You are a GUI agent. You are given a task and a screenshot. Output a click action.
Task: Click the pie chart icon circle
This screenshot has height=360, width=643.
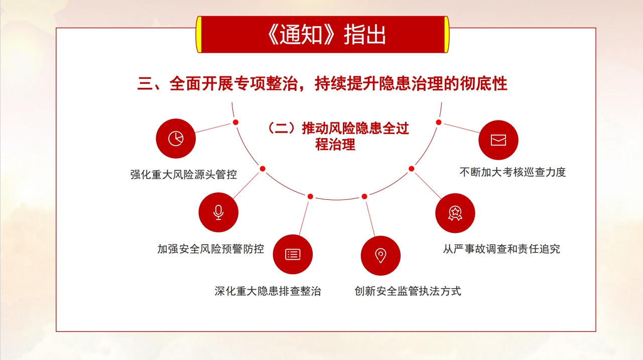[x=176, y=139]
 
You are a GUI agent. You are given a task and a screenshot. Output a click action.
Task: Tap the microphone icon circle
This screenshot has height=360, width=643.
[x=218, y=212]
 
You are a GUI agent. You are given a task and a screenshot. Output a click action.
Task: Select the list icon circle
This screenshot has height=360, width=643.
[x=293, y=255]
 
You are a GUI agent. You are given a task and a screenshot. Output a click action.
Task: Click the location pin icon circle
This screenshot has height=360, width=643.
[x=380, y=256]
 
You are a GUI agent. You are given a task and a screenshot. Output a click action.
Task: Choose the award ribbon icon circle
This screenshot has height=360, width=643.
[x=455, y=213]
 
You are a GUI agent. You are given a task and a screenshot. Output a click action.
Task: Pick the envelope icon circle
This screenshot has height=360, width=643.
[x=498, y=140]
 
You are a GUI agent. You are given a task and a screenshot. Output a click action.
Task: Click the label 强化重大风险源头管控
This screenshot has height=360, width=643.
[x=184, y=175]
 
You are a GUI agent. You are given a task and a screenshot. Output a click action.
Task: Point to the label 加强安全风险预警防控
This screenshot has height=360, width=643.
[x=211, y=249]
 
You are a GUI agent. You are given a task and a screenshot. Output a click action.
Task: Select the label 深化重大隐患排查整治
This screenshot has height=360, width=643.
[x=268, y=291]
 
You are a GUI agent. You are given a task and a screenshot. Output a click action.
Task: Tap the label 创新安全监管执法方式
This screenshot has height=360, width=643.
[x=408, y=291]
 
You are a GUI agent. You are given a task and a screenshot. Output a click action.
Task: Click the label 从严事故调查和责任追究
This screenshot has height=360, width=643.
[x=501, y=249]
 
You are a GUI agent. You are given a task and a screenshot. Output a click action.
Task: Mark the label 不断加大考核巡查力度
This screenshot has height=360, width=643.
[x=512, y=172]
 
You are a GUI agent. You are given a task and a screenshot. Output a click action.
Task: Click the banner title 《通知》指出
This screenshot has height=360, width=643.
[x=326, y=35]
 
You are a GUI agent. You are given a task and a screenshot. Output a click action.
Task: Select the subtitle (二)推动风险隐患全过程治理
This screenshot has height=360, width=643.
[x=338, y=137]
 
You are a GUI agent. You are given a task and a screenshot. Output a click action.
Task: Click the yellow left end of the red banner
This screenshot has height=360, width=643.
[x=199, y=35]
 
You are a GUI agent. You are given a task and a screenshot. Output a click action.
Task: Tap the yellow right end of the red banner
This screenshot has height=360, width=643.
[x=446, y=35]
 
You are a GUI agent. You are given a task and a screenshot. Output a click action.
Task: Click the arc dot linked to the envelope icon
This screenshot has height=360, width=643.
[x=439, y=123]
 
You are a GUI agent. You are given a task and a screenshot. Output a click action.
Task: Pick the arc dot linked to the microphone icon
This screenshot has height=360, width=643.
[x=263, y=169]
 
